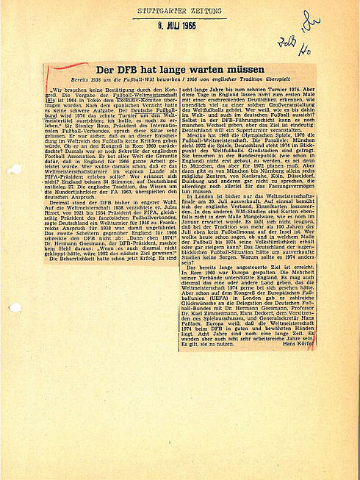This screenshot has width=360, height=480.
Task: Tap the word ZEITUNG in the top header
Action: tap(201, 11)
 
